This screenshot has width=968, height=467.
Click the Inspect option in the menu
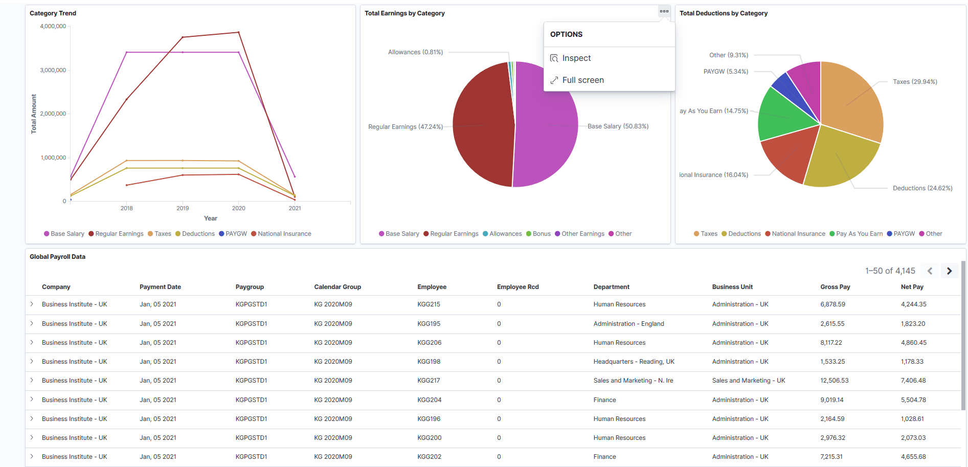click(576, 58)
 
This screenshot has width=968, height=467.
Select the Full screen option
click(582, 80)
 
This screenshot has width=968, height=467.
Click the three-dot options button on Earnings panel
click(664, 11)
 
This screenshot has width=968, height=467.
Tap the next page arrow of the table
click(949, 271)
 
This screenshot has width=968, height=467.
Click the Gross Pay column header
click(835, 287)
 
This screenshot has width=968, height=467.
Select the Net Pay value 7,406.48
click(913, 381)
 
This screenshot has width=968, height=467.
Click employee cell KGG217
click(429, 381)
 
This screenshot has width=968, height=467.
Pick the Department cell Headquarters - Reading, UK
click(634, 362)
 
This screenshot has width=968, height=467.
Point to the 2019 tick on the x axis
click(183, 208)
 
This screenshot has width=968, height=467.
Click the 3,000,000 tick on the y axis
click(53, 70)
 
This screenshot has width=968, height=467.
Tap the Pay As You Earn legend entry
click(859, 234)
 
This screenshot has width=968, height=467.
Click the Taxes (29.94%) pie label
click(914, 82)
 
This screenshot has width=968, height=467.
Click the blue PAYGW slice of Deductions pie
click(785, 87)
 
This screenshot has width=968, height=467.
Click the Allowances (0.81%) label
click(415, 52)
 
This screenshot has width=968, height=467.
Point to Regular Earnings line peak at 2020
click(238, 33)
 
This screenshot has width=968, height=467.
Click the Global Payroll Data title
click(57, 257)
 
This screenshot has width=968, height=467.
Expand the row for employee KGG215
click(32, 304)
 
